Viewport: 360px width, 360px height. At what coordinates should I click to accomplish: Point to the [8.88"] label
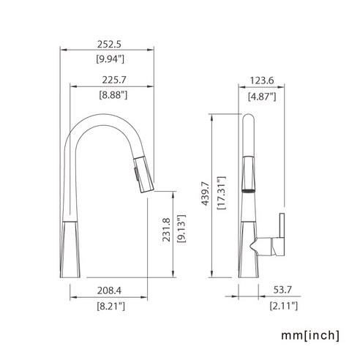113,94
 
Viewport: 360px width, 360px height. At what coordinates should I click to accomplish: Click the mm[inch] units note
310,336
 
